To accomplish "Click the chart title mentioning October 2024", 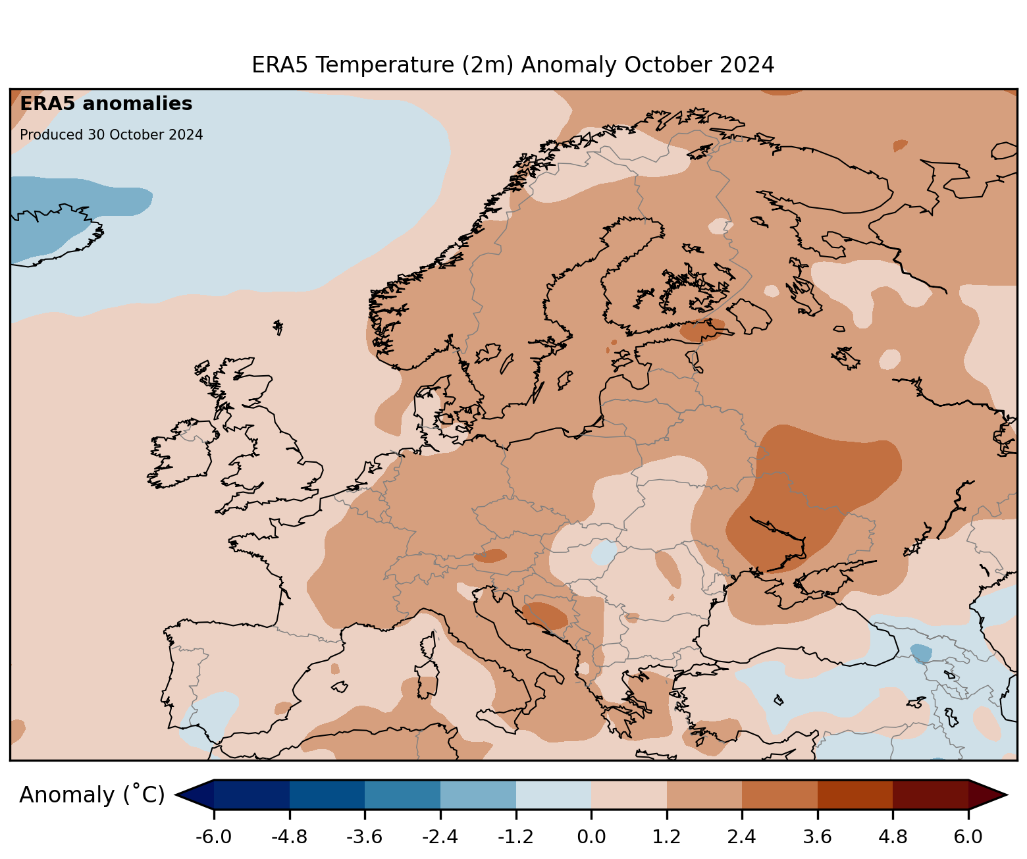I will click(513, 65).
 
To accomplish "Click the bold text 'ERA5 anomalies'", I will click(106, 104).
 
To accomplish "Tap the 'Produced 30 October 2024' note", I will click(111, 135).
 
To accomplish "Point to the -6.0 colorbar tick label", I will click(213, 837).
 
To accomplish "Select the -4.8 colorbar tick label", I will click(290, 837).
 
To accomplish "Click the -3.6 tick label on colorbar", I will click(365, 837).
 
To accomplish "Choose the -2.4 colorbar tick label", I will click(440, 837).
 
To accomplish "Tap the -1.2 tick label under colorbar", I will click(515, 837).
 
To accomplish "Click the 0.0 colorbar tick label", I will click(591, 837).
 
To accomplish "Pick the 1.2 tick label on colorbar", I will click(666, 837).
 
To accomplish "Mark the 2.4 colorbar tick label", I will click(742, 837).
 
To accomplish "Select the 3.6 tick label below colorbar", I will click(817, 837).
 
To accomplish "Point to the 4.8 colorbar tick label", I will click(893, 837).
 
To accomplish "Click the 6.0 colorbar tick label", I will click(968, 837).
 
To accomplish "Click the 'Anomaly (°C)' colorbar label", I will click(92, 795).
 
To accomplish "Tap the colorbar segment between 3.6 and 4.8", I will click(855, 794).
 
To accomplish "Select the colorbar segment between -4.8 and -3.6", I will click(327, 794).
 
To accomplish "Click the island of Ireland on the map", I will click(181, 454).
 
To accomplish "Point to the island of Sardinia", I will click(427, 681).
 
